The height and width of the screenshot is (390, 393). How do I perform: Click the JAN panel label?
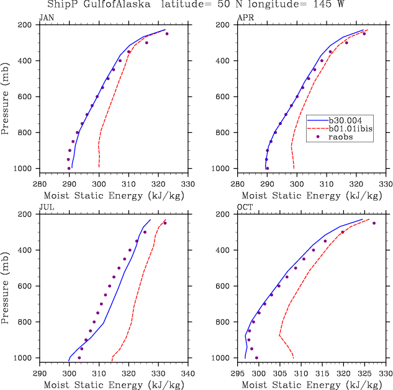pyautogui.click(x=46, y=17)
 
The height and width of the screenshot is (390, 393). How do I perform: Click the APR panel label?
pyautogui.click(x=245, y=17)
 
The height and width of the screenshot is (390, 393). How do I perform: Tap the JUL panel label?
pyautogui.click(x=46, y=207)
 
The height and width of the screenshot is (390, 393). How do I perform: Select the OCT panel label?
pyautogui.click(x=245, y=207)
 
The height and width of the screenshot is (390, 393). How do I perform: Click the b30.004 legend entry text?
pyautogui.click(x=346, y=120)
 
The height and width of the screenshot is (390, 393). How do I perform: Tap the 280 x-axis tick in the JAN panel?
pyautogui.click(x=39, y=184)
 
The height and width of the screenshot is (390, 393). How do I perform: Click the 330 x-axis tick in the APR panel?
pyautogui.click(x=386, y=184)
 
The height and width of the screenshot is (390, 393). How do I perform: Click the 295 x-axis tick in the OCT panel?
pyautogui.click(x=237, y=374)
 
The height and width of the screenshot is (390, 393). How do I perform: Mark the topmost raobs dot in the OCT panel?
pyautogui.click(x=374, y=223)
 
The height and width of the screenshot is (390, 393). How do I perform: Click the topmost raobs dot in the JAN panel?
pyautogui.click(x=167, y=33)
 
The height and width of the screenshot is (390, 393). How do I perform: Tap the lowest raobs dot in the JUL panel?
pyautogui.click(x=79, y=358)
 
